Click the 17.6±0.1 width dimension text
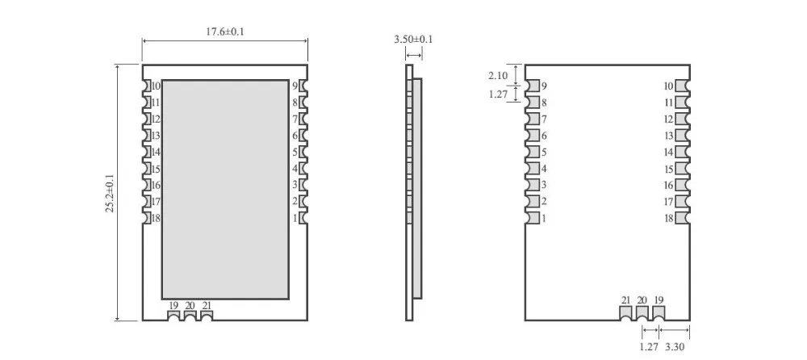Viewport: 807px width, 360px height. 225,31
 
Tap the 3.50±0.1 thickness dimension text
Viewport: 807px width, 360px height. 413,39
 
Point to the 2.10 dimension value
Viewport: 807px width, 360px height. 498,76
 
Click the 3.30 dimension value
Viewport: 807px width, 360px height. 675,346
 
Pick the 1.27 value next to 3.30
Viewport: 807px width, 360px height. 649,346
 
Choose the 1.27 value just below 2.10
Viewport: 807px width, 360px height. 498,94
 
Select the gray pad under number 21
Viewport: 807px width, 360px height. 626,312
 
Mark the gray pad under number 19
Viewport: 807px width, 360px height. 659,312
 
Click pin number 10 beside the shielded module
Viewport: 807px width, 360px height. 156,86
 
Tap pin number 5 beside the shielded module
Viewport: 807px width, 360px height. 295,152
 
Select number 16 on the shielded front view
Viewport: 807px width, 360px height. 156,185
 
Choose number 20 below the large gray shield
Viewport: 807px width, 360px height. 190,306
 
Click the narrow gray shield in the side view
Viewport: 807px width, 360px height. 417,189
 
